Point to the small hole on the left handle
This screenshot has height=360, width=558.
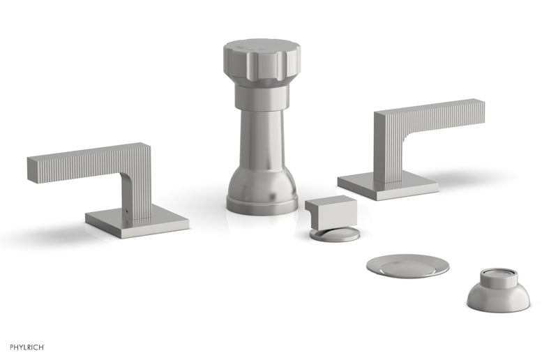[x=128, y=209]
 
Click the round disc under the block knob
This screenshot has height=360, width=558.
[x=335, y=234]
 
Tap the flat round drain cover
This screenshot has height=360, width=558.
[x=407, y=266]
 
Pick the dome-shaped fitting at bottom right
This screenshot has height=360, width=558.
[x=498, y=293]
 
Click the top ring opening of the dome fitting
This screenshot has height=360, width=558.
[x=498, y=271]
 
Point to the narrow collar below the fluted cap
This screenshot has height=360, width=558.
[x=262, y=98]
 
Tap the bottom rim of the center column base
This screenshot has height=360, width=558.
[x=262, y=208]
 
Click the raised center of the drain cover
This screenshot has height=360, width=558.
[x=407, y=264]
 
